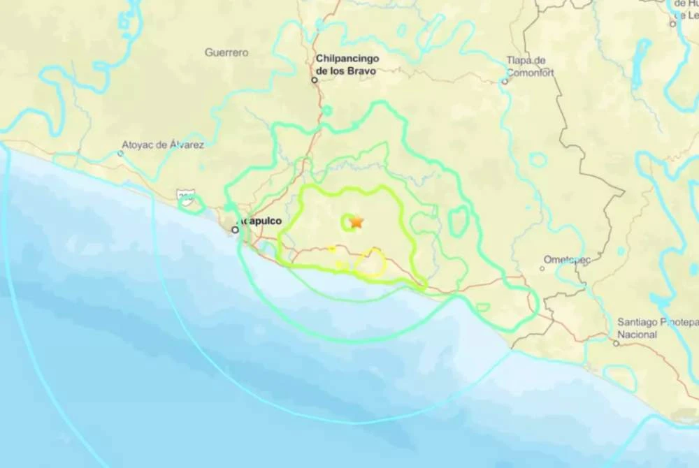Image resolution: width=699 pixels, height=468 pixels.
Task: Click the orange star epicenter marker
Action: pos(356,222)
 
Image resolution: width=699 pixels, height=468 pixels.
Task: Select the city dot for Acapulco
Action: pos(236,229)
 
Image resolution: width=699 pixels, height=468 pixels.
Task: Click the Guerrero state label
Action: pos(226,52)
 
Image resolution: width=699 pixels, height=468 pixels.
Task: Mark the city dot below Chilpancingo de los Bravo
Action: pos(315,80)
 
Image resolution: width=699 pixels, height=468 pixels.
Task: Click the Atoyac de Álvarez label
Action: pos(163,145)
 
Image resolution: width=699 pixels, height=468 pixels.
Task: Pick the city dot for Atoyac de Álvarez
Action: pos(120,153)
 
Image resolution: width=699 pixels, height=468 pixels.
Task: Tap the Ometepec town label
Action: pos(567,259)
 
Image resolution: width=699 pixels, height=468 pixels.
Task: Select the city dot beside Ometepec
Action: pos(542,268)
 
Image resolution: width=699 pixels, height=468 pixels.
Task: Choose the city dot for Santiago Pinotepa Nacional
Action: pos(616,343)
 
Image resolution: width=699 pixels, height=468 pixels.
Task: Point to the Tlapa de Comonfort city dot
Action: pos(504,82)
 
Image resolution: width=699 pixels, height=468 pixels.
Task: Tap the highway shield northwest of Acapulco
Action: pos(185,196)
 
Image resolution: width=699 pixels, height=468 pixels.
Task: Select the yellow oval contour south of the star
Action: pos(370,264)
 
